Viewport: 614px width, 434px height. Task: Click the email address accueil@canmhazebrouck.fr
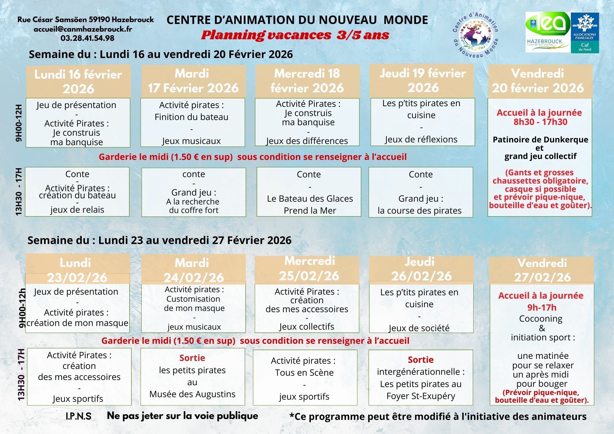coord(83,29)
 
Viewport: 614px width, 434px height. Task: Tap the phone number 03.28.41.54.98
coord(87,38)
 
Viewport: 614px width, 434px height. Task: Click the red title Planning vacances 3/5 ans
coord(295,35)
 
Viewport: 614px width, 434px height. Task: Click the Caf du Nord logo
coord(585,33)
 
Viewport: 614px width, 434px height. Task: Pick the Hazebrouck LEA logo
coord(548,32)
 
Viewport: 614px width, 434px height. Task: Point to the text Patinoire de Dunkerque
coord(540,140)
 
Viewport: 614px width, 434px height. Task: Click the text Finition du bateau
coord(192,117)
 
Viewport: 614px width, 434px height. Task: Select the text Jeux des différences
coord(307,141)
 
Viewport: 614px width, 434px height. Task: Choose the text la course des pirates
coord(420,211)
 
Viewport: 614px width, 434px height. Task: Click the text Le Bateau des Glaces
coord(310,199)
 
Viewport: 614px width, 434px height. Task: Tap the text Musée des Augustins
coord(192,394)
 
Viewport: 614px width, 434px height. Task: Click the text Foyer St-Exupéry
coord(421,396)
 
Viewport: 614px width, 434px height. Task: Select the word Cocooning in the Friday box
coord(541,319)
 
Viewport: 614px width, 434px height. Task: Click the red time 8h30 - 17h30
coord(540,122)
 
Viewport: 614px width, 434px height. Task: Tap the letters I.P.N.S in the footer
coord(79,416)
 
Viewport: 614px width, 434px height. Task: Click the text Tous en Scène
coord(304,373)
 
